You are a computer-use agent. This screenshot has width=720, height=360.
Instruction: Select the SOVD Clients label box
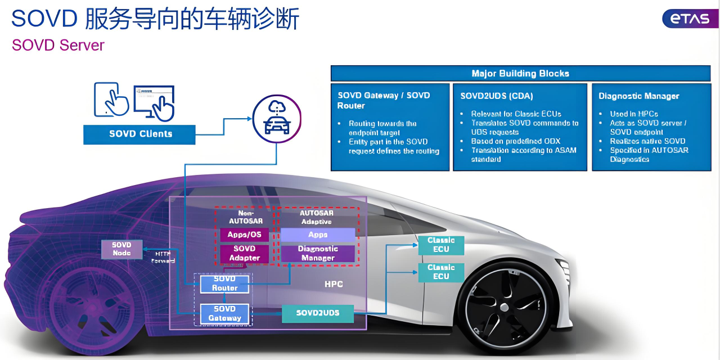139,134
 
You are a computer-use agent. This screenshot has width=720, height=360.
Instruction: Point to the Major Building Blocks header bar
520,74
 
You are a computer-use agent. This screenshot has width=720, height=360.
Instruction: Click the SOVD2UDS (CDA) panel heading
497,96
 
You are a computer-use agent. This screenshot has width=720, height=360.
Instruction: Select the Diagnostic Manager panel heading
639,96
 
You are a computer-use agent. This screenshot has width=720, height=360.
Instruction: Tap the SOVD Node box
121,249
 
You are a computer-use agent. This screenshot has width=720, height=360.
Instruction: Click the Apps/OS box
245,235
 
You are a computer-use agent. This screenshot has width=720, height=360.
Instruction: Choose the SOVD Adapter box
245,253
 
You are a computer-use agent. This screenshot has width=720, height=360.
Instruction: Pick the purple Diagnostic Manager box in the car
318,253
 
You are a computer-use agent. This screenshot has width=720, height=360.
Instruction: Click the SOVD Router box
225,283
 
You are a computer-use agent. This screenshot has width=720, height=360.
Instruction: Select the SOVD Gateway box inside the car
225,313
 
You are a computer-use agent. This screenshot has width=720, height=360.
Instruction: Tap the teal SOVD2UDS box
318,313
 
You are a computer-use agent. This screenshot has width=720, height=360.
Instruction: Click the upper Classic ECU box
441,245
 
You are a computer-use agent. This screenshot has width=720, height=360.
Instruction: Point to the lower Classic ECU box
441,272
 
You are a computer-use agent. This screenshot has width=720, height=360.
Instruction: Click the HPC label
334,285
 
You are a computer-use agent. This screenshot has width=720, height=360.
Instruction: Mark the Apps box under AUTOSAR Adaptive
318,235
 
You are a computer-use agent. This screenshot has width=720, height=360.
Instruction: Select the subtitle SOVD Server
58,45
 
